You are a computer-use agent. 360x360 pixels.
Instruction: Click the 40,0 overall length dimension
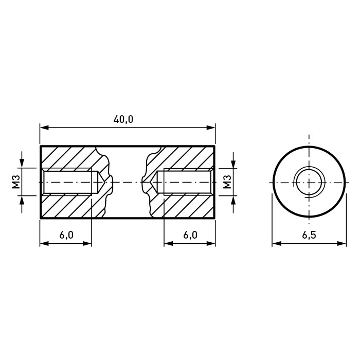point(123,119)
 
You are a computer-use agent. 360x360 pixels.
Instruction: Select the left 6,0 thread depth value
point(66,235)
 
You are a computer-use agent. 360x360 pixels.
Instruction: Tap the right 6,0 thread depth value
point(190,235)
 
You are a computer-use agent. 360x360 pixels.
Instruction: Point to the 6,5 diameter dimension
point(309,235)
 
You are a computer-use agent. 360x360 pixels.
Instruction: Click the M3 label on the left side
point(16,182)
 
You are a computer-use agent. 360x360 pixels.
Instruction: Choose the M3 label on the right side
point(227,182)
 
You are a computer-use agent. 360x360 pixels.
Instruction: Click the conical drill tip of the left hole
point(101,182)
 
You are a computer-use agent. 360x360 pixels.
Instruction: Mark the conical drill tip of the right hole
point(153,182)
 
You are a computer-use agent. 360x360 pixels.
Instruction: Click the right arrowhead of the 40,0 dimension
point(211,128)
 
